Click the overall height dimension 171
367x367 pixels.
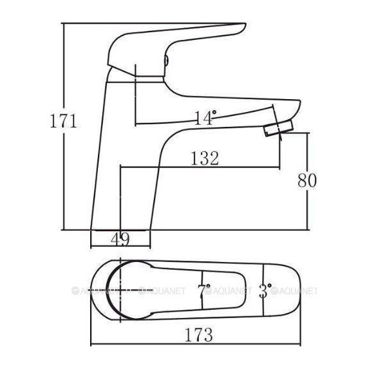pos(64,120)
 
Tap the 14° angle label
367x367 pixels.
pos(205,117)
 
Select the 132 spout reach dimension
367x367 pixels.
pos(205,158)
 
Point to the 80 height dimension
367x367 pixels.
pos(307,181)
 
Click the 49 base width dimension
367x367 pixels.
pos(120,240)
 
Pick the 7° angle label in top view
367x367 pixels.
pos(205,290)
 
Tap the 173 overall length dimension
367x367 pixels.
pos(199,335)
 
